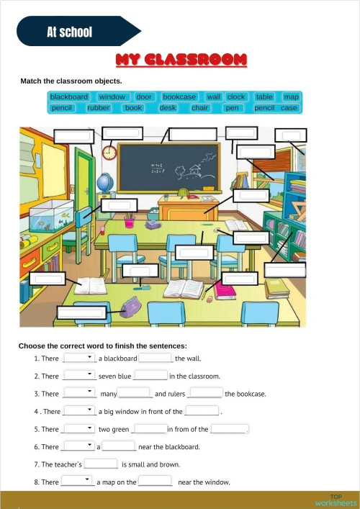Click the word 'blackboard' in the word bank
69,96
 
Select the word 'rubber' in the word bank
98,108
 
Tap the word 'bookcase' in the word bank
179,96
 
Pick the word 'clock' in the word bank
236,96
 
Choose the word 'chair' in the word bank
200,108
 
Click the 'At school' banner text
69,32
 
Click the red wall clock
109,152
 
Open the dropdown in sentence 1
79,357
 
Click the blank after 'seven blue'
150,376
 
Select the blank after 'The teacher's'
102,464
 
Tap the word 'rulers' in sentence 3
176,394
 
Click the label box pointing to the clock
121,133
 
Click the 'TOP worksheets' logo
336,500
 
